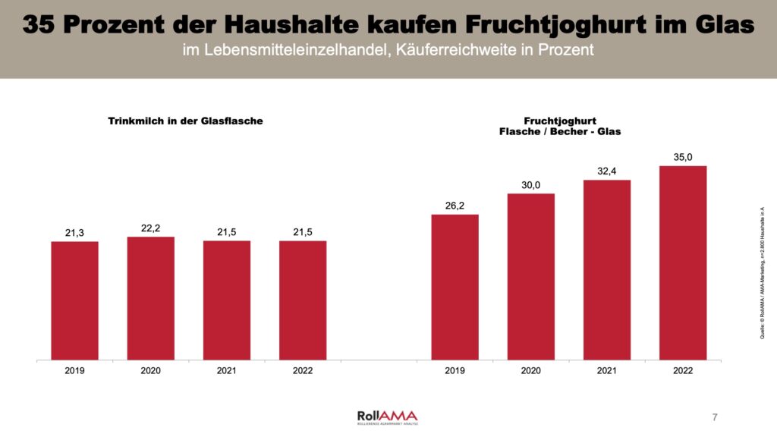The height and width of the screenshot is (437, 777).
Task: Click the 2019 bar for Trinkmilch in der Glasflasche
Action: [x=74, y=300]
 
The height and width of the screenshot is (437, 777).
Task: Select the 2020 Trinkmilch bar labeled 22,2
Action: [x=150, y=298]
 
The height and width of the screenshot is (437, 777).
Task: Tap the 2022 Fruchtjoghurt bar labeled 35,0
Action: [x=683, y=263]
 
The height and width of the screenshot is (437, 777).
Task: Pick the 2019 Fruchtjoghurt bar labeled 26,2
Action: [x=455, y=287]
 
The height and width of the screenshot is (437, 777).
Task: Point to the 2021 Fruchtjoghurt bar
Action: [x=606, y=269]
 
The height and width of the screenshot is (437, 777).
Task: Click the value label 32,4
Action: [x=606, y=171]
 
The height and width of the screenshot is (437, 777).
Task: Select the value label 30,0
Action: [x=530, y=185]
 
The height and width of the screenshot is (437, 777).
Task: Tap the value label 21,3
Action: [x=74, y=233]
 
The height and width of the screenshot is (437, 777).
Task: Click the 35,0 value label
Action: [x=683, y=158]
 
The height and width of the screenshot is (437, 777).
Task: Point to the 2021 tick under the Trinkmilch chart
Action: [x=226, y=371]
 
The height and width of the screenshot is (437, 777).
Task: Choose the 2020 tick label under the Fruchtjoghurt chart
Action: [x=530, y=371]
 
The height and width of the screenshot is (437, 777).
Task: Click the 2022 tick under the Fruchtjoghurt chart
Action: [x=683, y=371]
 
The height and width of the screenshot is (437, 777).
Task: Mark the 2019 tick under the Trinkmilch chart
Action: [x=74, y=371]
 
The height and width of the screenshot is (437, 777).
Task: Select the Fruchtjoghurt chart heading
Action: [x=560, y=126]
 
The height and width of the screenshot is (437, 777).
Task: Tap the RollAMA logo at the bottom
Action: [x=387, y=417]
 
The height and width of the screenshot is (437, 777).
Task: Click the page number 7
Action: [x=715, y=417]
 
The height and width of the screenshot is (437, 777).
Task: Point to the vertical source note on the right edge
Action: [x=761, y=272]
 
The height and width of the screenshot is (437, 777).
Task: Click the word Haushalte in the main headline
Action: [x=284, y=25]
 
